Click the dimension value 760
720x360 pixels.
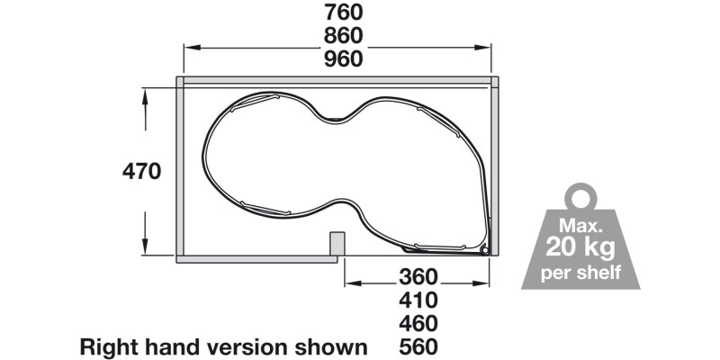pos(338,13)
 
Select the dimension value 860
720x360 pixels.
pos(338,36)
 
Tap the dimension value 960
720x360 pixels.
pos(338,59)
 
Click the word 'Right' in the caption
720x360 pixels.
pos(109,346)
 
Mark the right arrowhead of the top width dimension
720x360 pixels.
pos(487,49)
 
